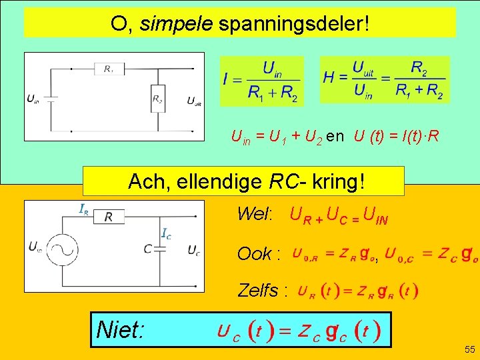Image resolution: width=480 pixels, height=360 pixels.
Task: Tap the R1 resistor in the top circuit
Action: click(x=109, y=68)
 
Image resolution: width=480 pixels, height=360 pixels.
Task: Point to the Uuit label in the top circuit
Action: click(x=194, y=101)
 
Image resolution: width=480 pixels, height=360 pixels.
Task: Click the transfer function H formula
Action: click(x=384, y=79)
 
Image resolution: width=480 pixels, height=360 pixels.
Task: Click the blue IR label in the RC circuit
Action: click(x=85, y=209)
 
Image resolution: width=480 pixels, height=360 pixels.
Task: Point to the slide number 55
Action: click(x=469, y=349)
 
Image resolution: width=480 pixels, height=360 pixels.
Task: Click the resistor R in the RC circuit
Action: click(x=108, y=215)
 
